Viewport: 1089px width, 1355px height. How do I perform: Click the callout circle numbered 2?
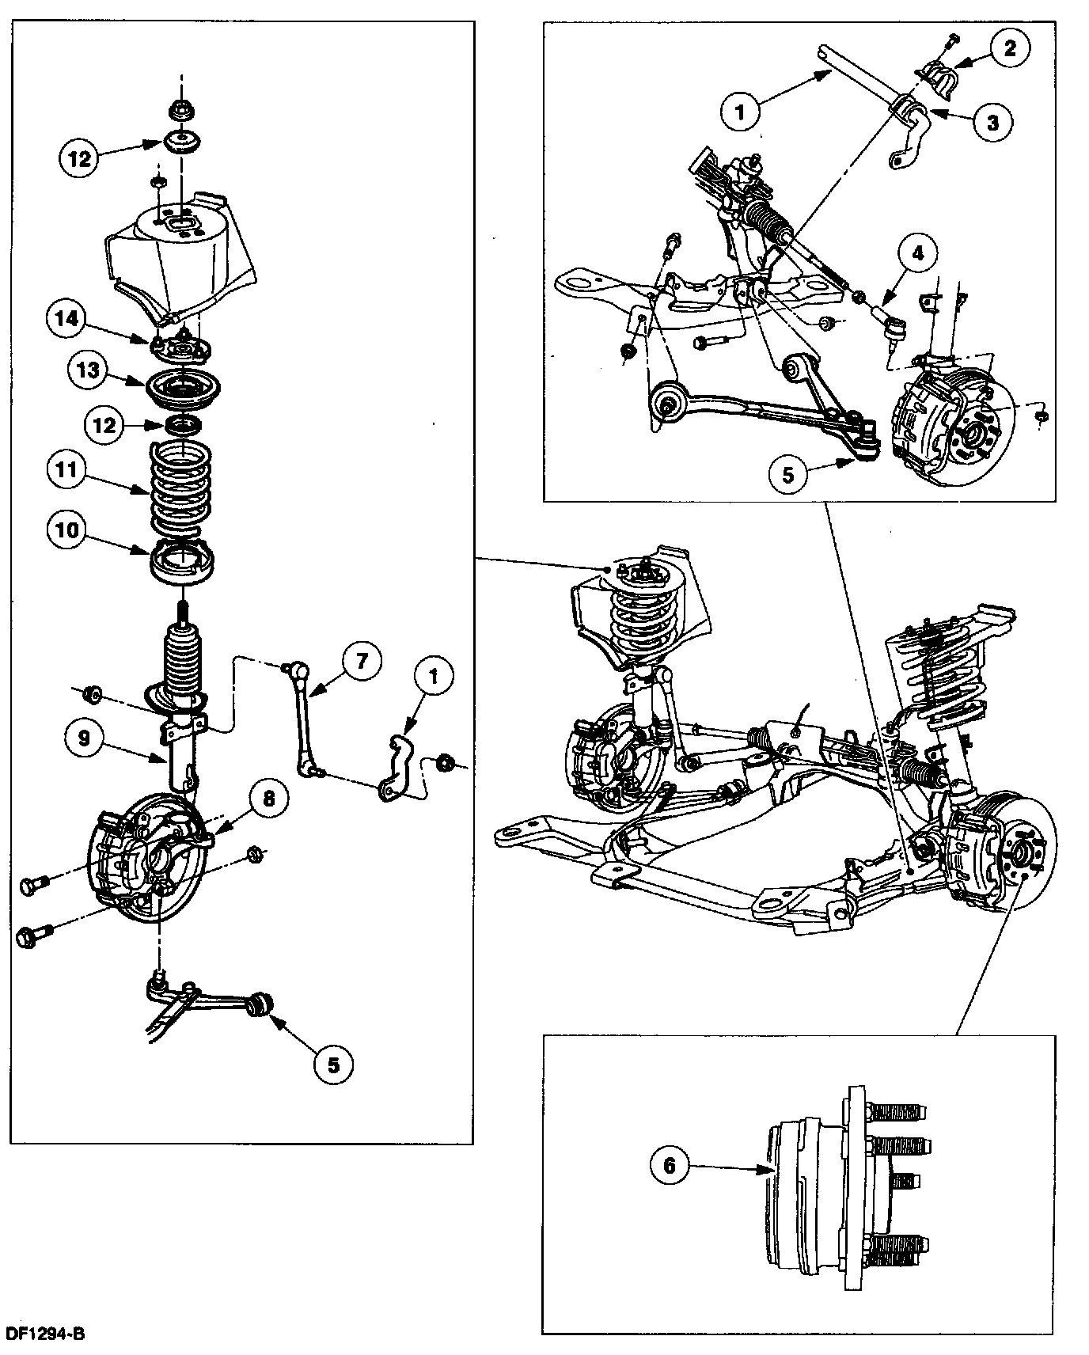coord(1010,47)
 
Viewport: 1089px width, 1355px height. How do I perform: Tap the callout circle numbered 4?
coord(917,254)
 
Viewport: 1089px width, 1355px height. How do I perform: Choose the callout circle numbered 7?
coord(362,661)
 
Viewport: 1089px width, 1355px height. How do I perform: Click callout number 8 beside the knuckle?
coord(268,799)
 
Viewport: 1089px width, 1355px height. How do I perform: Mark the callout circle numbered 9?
coord(85,738)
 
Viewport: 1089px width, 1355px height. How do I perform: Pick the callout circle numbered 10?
coord(67,529)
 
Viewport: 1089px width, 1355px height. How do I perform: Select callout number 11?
coord(67,470)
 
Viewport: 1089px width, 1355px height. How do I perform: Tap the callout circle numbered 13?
coord(89,370)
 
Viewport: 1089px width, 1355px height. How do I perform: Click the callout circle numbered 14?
coord(68,319)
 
